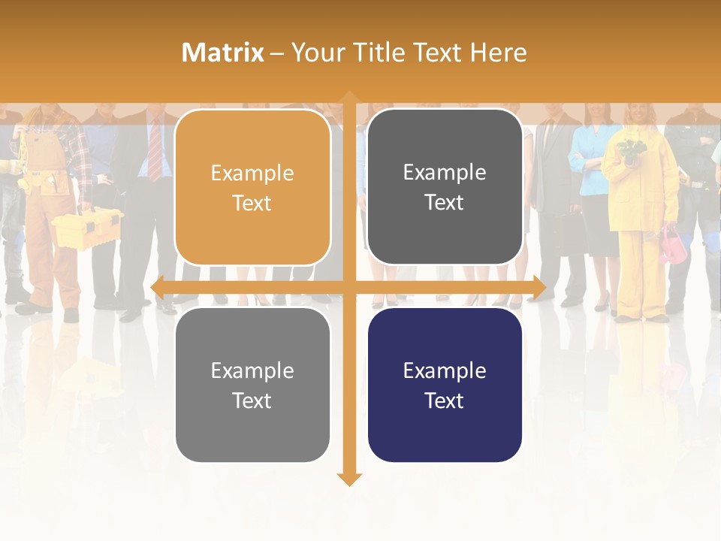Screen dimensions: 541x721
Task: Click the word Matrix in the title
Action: point(222,53)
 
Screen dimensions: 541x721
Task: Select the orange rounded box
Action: point(252,188)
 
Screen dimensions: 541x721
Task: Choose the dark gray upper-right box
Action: point(445,187)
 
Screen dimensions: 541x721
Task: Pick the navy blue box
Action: point(445,385)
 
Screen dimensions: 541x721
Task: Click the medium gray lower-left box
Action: point(252,385)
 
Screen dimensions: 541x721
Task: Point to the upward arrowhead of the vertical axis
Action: point(348,98)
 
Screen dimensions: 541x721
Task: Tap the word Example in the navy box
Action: point(445,370)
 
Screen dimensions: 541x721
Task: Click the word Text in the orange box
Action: point(252,203)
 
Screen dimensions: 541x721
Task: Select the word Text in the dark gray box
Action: point(445,202)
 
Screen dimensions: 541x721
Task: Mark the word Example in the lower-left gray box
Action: point(252,370)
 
